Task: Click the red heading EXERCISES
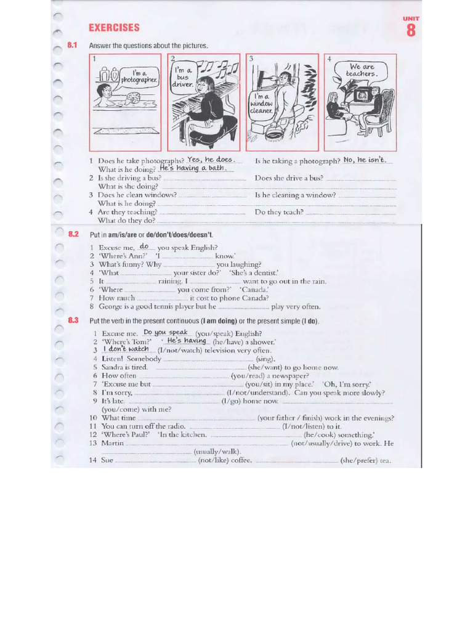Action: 114,28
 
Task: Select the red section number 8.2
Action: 74,234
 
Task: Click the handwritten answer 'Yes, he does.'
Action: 211,160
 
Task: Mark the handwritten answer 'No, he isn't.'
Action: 364,160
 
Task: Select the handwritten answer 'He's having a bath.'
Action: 193,168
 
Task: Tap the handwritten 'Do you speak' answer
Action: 165,332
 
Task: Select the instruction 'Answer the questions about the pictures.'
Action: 148,46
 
